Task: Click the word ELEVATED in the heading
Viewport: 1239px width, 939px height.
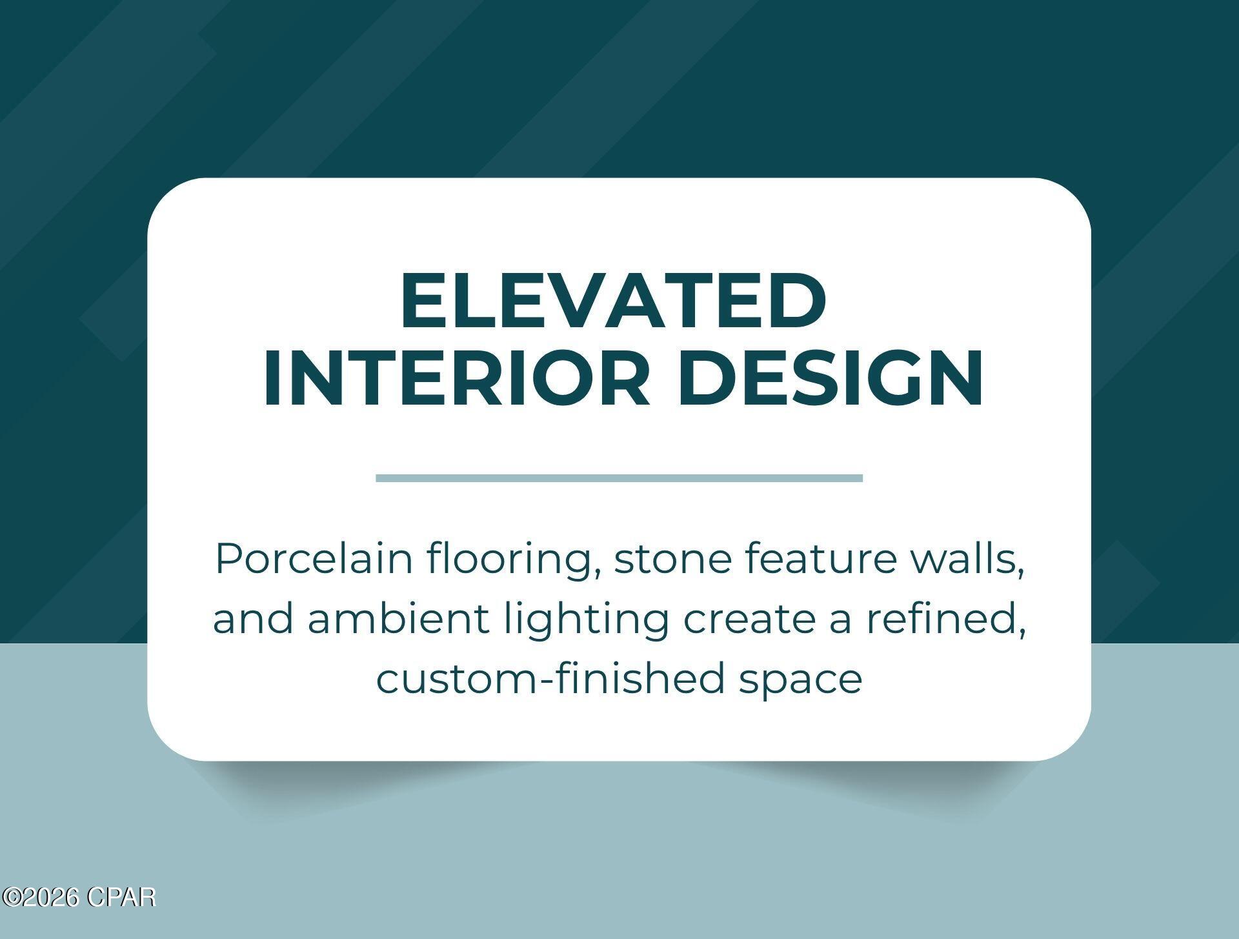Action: point(613,300)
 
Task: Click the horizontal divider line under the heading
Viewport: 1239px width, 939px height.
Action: point(619,478)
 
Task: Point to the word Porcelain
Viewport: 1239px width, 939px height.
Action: point(314,559)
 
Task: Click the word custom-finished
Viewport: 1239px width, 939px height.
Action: point(550,679)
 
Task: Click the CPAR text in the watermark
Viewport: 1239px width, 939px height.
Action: point(121,898)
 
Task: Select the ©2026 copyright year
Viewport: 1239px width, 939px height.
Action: point(41,898)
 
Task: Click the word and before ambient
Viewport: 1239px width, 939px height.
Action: point(253,619)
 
